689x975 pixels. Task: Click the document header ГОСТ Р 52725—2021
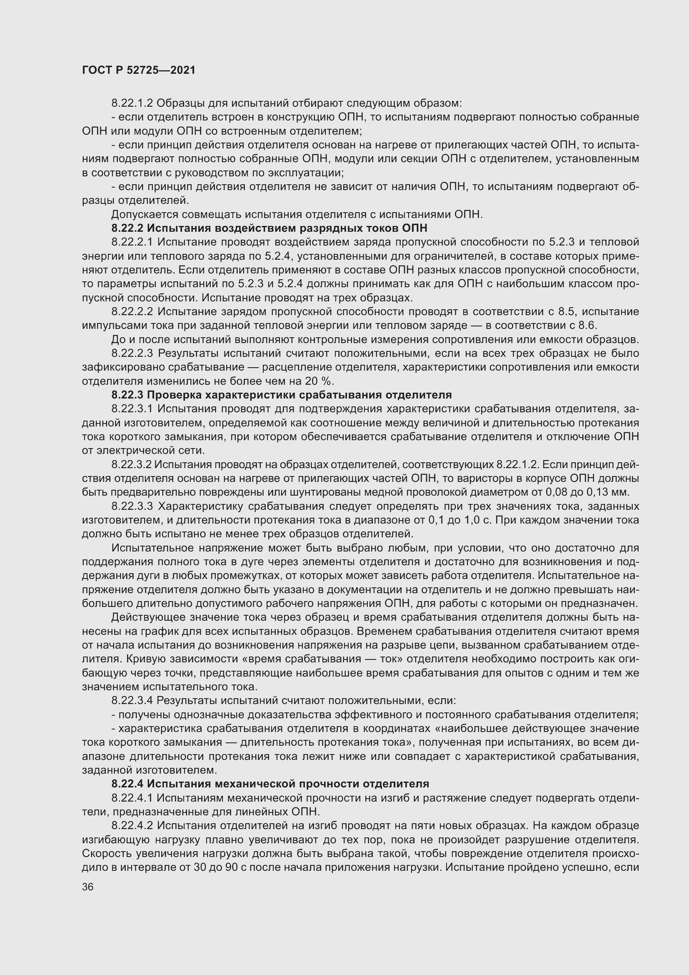click(x=139, y=70)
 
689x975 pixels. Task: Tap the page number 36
click(x=88, y=887)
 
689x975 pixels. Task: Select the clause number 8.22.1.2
click(x=132, y=103)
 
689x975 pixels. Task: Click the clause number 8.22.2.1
click(x=132, y=242)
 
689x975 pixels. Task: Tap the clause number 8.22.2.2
click(x=132, y=312)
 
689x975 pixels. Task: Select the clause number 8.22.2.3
click(x=132, y=353)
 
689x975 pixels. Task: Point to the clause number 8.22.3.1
click(x=132, y=409)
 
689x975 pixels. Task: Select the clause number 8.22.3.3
click(x=132, y=506)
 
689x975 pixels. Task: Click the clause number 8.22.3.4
click(x=132, y=701)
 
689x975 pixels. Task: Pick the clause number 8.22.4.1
click(x=132, y=798)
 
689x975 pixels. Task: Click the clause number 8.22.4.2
click(x=132, y=825)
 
